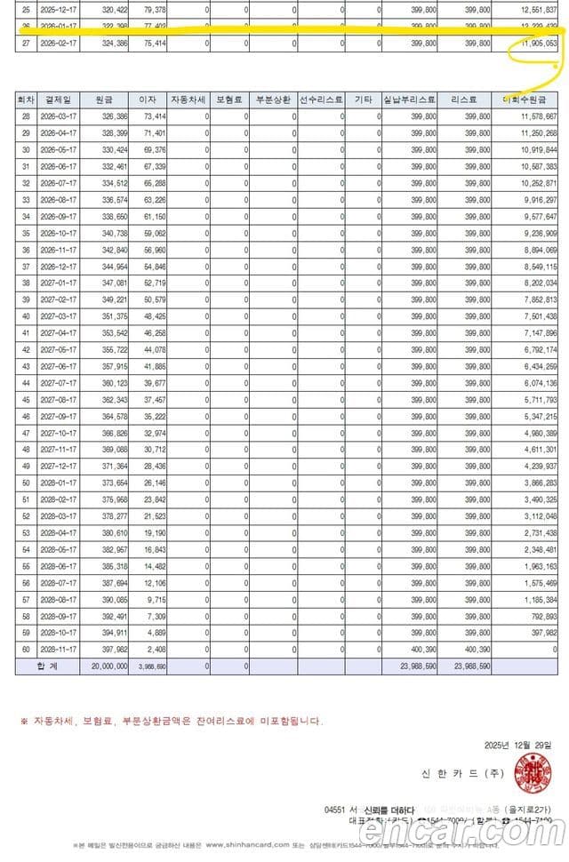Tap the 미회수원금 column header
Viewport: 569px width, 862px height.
tap(530, 100)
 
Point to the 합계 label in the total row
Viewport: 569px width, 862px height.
tap(46, 666)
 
